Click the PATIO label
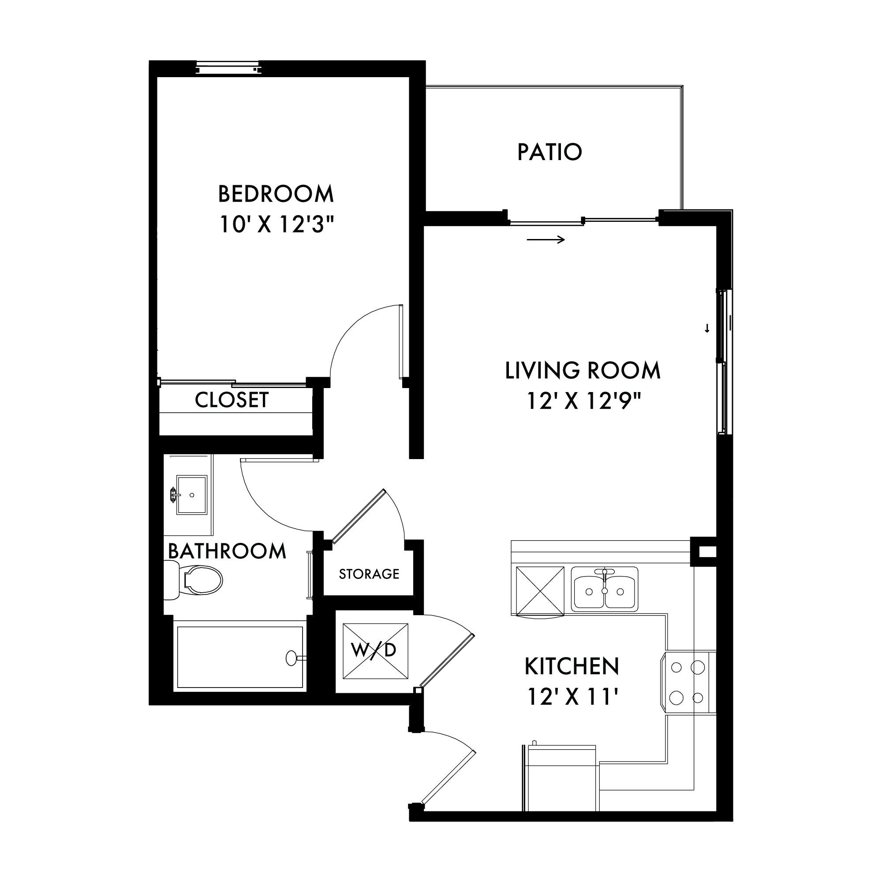tap(549, 152)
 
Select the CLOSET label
tap(232, 400)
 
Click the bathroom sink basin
tap(192, 494)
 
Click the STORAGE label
tap(369, 574)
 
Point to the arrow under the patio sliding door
tap(546, 239)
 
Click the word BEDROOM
tap(276, 194)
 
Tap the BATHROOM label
tap(227, 551)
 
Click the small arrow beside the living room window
tap(707, 328)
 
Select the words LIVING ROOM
tap(583, 370)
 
